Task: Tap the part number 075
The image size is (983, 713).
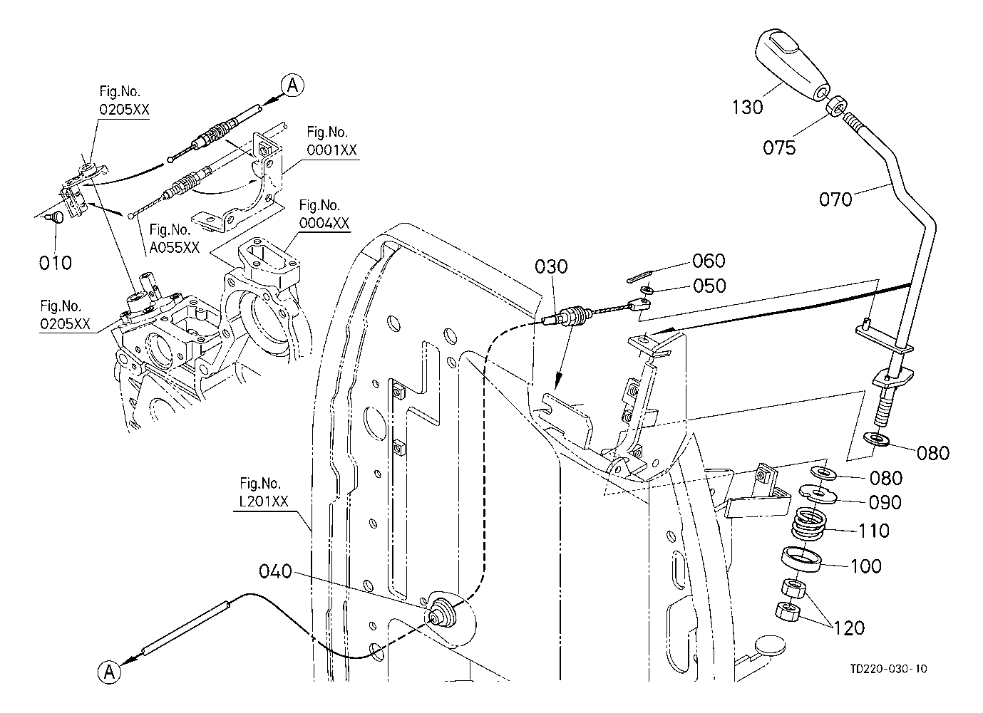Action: [x=779, y=147]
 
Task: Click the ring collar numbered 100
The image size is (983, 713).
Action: [x=801, y=559]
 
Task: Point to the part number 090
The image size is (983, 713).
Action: [x=885, y=503]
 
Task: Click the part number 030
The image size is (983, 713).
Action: [x=551, y=266]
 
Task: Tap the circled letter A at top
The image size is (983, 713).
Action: [x=292, y=85]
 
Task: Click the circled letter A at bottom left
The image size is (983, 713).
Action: [x=109, y=672]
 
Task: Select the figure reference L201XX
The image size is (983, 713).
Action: [x=263, y=501]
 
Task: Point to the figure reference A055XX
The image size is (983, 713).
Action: [x=174, y=247]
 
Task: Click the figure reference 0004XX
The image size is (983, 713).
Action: [x=324, y=223]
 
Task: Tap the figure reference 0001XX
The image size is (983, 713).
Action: [x=331, y=150]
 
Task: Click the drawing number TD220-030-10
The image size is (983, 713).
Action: [x=889, y=669]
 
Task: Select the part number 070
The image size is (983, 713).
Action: [x=835, y=199]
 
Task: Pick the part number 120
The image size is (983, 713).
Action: [x=848, y=628]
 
